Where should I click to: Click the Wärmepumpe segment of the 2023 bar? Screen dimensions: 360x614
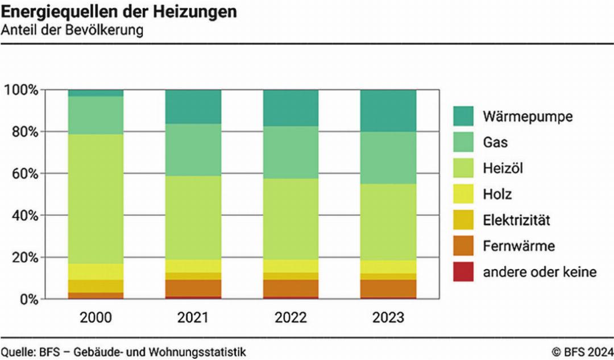pos(388,110)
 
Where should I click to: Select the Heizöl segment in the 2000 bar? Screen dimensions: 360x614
pos(96,199)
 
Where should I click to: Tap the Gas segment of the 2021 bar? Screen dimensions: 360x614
pos(193,150)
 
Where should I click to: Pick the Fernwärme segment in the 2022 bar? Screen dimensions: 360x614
pos(291,288)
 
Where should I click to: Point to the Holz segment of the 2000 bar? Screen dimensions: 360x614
pos(96,271)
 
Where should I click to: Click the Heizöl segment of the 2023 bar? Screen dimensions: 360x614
pos(388,222)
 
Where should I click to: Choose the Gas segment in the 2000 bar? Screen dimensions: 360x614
pos(96,115)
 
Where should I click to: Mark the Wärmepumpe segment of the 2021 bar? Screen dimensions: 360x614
pos(193,106)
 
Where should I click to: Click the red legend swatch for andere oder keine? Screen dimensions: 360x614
pos(463,272)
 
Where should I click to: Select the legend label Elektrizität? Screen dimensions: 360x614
pos(517,221)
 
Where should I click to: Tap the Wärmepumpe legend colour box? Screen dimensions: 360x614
pos(463,117)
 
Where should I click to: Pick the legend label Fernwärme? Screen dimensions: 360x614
pos(518,246)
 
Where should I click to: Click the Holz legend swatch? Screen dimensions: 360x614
pos(463,195)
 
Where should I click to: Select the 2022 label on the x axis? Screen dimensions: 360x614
pos(291,317)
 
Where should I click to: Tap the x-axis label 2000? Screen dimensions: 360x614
pos(96,317)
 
